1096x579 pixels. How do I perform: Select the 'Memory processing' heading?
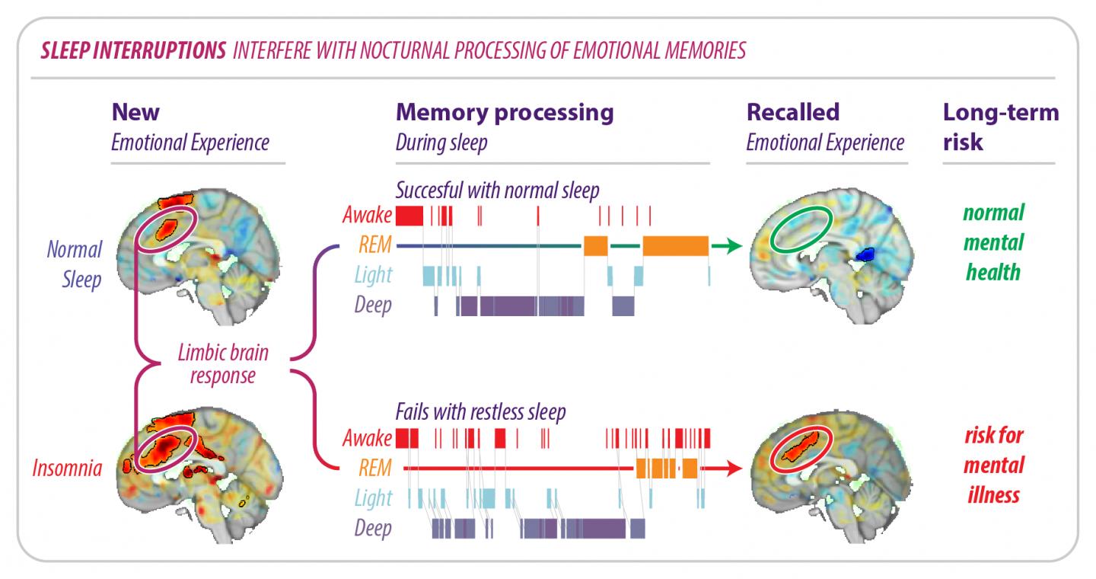pyautogui.click(x=504, y=113)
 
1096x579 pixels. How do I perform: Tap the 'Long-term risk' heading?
pyautogui.click(x=1000, y=126)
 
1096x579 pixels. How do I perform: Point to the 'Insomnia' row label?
pyautogui.click(x=67, y=467)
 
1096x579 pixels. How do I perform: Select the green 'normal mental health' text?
pyautogui.click(x=993, y=242)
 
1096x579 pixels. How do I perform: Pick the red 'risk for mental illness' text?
pyautogui.click(x=993, y=465)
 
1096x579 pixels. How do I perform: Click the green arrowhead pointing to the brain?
pyautogui.click(x=731, y=246)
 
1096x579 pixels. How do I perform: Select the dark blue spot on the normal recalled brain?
pyautogui.click(x=865, y=253)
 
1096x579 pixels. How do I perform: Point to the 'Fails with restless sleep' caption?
pyautogui.click(x=480, y=412)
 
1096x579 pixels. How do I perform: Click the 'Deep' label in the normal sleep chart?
pyautogui.click(x=373, y=305)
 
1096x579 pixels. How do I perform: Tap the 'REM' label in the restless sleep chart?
pyautogui.click(x=376, y=468)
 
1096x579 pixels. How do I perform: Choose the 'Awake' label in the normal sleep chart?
pyautogui.click(x=368, y=216)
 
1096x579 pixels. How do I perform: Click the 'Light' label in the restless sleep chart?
pyautogui.click(x=373, y=498)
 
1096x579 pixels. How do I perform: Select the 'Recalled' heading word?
pyautogui.click(x=792, y=113)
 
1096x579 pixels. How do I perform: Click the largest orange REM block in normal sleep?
pyautogui.click(x=675, y=246)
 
